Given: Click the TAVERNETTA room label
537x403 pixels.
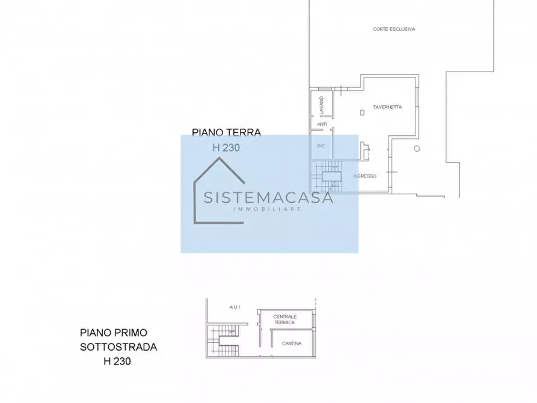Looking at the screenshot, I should [387, 107].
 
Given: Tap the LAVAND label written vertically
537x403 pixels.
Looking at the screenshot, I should [322, 105].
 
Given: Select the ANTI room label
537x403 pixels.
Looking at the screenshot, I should [322, 125].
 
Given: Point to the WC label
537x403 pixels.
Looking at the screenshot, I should [321, 145].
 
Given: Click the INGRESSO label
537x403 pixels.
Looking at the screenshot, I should [364, 176].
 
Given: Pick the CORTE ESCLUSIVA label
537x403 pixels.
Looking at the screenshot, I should [394, 29].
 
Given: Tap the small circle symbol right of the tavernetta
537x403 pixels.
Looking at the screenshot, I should [417, 149].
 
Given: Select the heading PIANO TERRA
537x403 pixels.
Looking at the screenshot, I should [226, 132].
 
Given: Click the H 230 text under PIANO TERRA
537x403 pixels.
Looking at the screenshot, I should [226, 147].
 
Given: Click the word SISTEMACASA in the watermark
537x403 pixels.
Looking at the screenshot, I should [268, 198].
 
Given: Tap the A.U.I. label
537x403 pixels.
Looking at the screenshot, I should [235, 307].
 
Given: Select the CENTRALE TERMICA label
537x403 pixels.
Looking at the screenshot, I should [284, 319].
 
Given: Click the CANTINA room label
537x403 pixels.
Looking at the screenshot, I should [291, 343].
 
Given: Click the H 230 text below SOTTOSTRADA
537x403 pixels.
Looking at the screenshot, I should [117, 361].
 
